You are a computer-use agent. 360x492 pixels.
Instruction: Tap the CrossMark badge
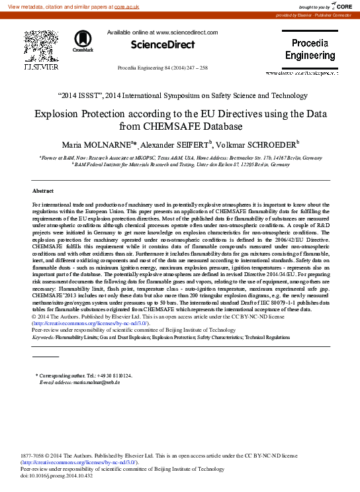click(83, 40)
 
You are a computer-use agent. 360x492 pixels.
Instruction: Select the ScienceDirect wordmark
click(163, 45)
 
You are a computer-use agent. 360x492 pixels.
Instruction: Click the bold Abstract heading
click(43, 191)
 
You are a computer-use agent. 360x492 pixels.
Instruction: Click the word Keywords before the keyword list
click(43, 337)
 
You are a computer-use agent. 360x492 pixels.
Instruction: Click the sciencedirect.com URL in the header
click(189, 32)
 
